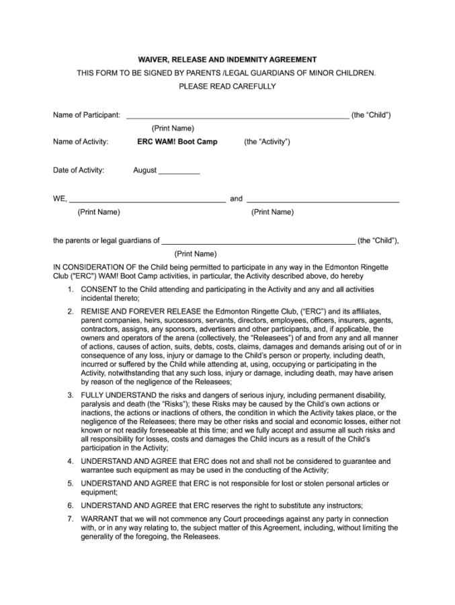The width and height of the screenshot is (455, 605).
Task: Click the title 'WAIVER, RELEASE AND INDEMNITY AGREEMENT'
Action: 227,60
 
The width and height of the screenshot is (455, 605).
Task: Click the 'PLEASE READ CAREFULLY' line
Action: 227,86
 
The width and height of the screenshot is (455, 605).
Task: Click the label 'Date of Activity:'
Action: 79,170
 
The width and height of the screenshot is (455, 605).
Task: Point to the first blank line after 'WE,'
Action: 147,200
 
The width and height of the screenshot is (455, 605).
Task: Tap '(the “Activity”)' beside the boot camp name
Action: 267,142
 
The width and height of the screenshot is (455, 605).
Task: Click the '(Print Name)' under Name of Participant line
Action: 173,128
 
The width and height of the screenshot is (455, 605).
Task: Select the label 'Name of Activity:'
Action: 81,142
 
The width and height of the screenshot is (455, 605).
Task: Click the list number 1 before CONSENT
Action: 71,289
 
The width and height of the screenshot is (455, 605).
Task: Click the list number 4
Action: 71,461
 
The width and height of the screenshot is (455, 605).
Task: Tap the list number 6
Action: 71,505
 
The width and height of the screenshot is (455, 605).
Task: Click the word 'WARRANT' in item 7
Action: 99,519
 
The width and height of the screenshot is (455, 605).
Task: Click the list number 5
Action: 71,483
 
